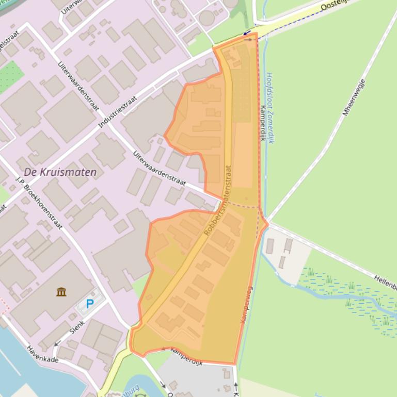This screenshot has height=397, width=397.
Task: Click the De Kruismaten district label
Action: [x=60, y=172]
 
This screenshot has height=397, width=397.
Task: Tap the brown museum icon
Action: [x=61, y=292]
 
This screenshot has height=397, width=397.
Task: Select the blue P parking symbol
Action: [x=90, y=304]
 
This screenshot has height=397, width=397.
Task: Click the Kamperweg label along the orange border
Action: [x=246, y=305]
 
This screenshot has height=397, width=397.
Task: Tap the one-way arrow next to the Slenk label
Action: [x=58, y=341]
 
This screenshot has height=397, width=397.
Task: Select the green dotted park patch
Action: [x=7, y=76]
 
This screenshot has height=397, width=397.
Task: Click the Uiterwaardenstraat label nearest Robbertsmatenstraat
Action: [x=159, y=168]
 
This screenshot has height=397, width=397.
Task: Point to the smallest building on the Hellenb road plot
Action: [x=282, y=262]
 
